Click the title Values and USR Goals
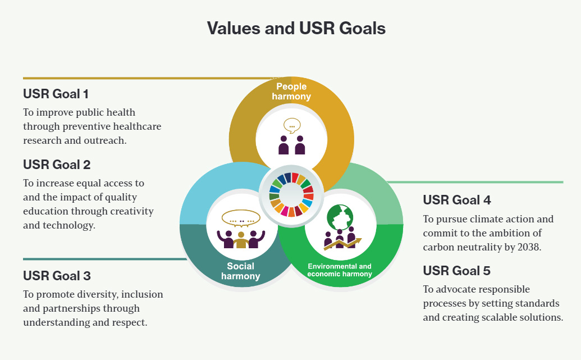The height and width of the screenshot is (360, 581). (296, 28)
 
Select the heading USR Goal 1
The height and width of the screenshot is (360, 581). (56, 94)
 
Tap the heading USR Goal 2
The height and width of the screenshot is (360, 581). (57, 165)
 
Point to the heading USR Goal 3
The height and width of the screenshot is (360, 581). (57, 276)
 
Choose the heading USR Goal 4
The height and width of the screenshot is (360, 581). (457, 200)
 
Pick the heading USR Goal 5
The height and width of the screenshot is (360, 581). (456, 271)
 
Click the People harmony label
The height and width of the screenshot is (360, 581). (291, 91)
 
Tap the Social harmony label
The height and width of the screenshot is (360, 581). (240, 271)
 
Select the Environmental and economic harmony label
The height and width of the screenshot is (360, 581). (340, 270)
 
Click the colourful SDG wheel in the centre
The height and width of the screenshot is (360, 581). (291, 195)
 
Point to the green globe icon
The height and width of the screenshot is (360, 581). (340, 217)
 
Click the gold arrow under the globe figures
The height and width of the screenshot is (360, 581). (342, 244)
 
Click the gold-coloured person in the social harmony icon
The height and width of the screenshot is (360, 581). (241, 240)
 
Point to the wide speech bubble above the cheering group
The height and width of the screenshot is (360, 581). (241, 218)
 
